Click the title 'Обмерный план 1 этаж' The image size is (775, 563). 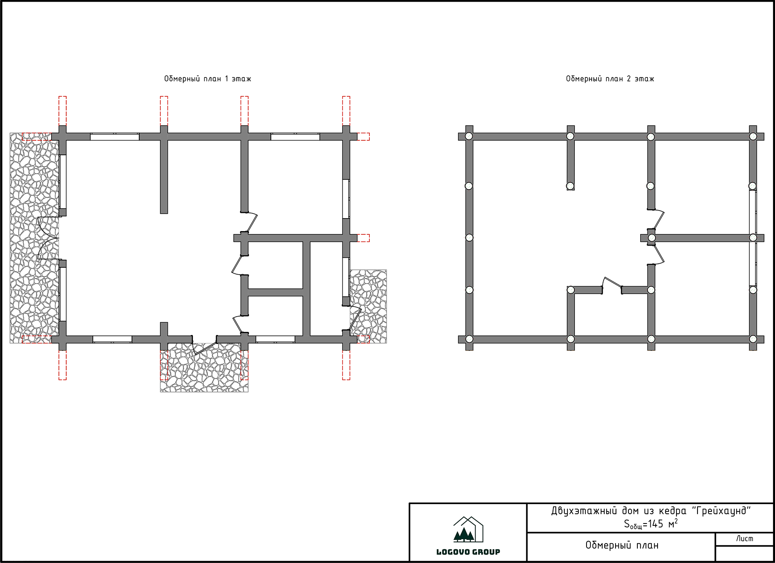click(207, 79)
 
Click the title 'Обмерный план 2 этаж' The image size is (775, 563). click(610, 79)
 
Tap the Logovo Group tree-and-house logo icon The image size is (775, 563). click(468, 530)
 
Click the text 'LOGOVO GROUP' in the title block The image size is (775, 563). click(468, 552)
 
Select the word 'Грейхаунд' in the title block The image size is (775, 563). click(721, 511)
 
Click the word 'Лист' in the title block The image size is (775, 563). click(744, 538)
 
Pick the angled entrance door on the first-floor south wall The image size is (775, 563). click(204, 345)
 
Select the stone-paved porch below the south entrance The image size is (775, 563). click(204, 367)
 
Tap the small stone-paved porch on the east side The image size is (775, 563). click(368, 307)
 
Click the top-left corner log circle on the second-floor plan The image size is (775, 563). click(469, 136)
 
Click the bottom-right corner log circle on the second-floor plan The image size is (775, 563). click(753, 339)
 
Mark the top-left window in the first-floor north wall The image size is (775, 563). click(115, 137)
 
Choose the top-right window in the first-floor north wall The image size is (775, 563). click(295, 137)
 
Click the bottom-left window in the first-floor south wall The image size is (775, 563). click(113, 340)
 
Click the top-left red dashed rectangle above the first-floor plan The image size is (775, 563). click(63, 111)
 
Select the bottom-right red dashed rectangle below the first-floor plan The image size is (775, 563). click(346, 365)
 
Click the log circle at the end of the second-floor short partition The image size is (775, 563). click(570, 186)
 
